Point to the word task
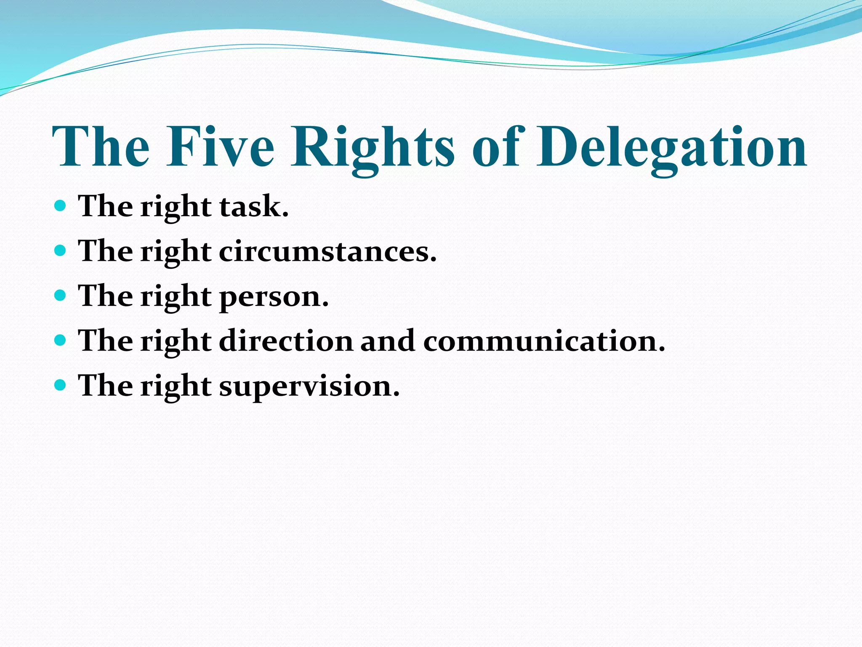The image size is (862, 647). point(254,207)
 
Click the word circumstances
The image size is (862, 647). point(328,251)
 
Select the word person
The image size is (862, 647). point(274,297)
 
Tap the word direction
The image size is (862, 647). point(286,341)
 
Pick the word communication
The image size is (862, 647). point(544,341)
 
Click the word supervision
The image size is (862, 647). point(309,386)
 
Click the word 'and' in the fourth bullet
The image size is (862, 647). point(388,341)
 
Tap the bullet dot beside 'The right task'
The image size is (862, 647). point(61,206)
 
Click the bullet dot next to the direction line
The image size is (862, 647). point(61,340)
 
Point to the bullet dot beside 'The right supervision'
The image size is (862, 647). point(61,385)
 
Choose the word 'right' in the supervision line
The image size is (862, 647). point(176,386)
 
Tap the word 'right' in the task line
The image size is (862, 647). point(176,207)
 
